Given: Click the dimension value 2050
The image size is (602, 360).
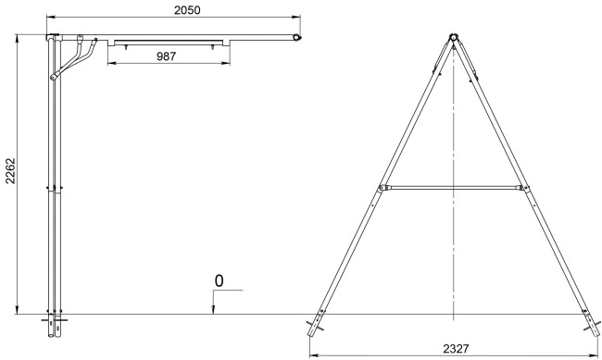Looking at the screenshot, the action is (187, 10).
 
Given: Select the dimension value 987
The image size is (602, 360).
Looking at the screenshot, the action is (166, 56).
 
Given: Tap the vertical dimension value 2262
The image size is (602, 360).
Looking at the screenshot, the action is (10, 171).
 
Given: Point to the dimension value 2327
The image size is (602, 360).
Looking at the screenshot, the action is (456, 349).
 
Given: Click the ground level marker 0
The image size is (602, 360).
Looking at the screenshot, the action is (219, 281).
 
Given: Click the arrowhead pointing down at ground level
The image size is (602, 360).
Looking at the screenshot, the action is (213, 310).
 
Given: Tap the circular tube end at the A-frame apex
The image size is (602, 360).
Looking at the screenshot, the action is (454, 38).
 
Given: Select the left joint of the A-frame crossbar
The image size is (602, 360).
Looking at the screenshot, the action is (382, 188).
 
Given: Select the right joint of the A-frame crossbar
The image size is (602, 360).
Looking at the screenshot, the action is (524, 188).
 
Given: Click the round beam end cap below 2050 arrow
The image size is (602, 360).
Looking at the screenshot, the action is (296, 38).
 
